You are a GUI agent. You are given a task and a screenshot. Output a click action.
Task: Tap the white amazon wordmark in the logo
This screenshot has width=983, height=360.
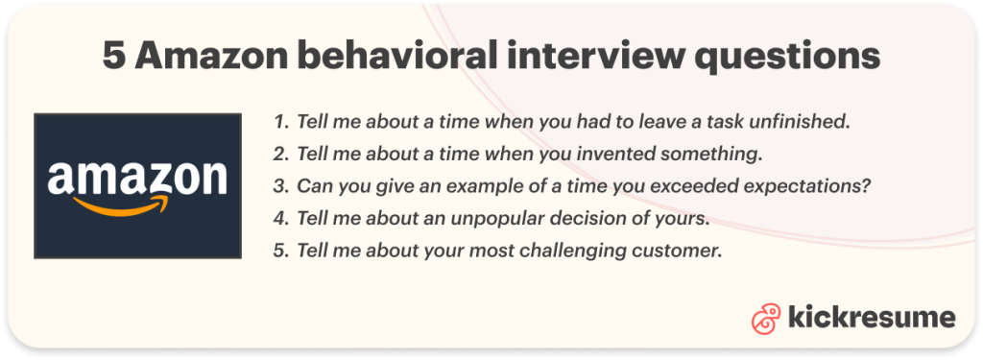(x=137, y=179)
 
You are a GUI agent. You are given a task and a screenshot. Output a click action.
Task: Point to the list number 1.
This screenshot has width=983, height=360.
(x=280, y=123)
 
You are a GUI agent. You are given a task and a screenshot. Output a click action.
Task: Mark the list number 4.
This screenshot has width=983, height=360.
(x=280, y=219)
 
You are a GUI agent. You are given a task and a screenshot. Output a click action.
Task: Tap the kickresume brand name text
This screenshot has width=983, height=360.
(x=871, y=318)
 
